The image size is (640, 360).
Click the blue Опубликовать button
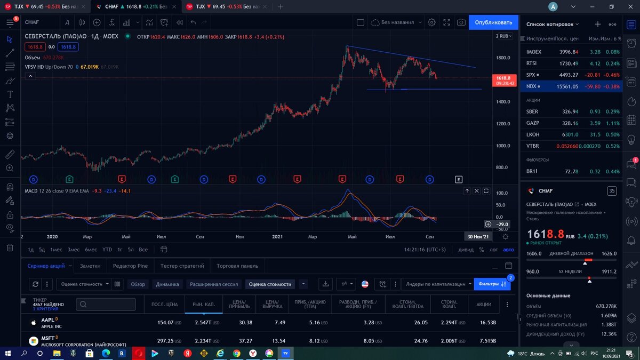493,22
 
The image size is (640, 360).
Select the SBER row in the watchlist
532,111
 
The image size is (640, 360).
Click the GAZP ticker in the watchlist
533,123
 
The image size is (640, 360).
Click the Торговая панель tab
237,266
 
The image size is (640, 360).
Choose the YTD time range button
107,250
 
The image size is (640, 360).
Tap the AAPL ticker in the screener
49,319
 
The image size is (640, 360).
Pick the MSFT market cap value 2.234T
204,341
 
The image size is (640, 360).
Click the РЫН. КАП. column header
203,304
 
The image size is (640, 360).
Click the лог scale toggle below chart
493,250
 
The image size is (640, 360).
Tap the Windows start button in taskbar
8,353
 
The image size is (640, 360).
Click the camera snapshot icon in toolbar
461,22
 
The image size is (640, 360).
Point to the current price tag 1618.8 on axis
503,78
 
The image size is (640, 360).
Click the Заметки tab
90,266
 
